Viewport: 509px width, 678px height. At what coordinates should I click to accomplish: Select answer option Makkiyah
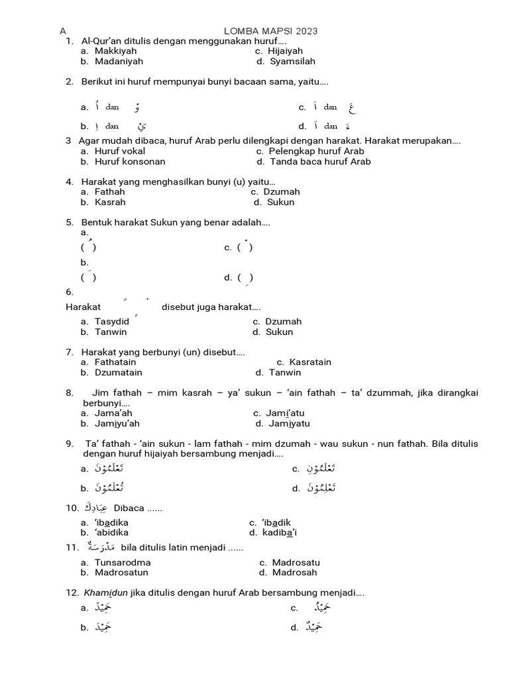point(115,51)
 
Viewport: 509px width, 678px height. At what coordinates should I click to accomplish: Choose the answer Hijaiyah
point(285,51)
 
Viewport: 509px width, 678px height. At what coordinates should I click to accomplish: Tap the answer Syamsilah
point(292,62)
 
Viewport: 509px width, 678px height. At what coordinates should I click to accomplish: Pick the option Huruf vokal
point(120,151)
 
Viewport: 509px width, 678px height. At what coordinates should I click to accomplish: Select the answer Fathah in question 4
point(109,192)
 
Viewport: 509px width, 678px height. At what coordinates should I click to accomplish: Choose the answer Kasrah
point(110,203)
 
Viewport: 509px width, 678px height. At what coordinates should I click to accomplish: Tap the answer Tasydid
point(112,322)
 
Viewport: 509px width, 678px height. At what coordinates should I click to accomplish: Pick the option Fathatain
point(115,362)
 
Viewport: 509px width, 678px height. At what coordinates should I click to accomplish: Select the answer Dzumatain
point(119,373)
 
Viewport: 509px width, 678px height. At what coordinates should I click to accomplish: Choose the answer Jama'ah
point(113,413)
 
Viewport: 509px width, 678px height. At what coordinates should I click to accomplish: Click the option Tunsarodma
point(123,563)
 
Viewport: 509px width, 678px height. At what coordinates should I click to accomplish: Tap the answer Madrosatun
point(121,573)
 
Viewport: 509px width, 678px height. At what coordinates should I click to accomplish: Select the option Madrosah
point(294,573)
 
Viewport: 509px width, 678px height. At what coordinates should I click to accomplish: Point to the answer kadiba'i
point(279,532)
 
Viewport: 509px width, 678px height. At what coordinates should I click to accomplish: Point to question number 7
point(70,352)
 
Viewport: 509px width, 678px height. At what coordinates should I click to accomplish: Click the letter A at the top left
point(63,31)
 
